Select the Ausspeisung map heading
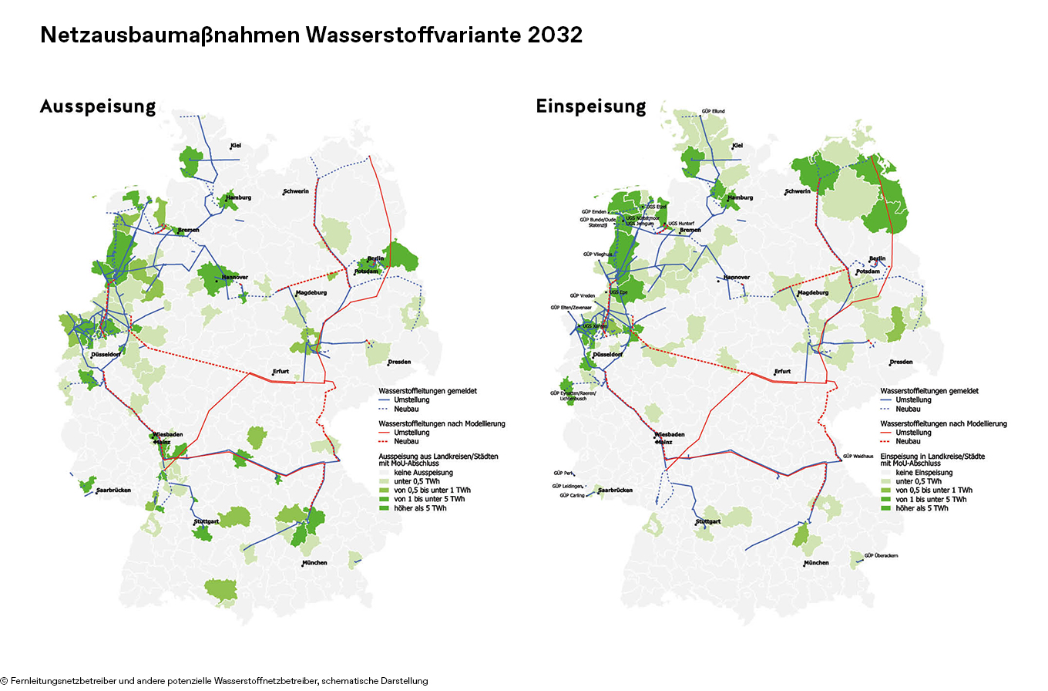pyautogui.click(x=98, y=106)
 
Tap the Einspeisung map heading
pyautogui.click(x=591, y=106)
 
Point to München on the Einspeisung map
pyautogui.click(x=816, y=563)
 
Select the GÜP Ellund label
pyautogui.click(x=713, y=111)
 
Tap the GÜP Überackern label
pyautogui.click(x=881, y=555)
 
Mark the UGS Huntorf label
pyautogui.click(x=681, y=224)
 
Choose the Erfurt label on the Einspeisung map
pyautogui.click(x=781, y=372)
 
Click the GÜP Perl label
pyautogui.click(x=563, y=473)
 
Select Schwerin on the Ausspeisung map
pyautogui.click(x=297, y=191)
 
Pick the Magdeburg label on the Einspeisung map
pyautogui.click(x=814, y=293)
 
